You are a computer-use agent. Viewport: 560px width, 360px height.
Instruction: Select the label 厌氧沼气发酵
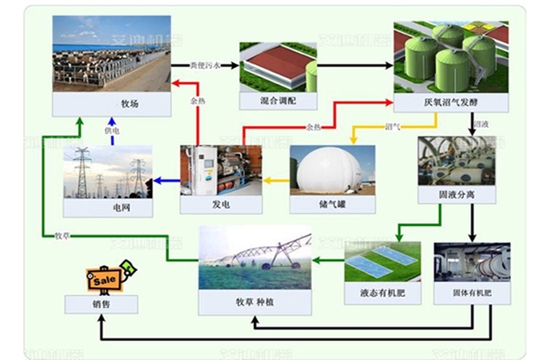440,102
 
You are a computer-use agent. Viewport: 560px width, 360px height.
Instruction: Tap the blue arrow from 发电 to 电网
165,181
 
